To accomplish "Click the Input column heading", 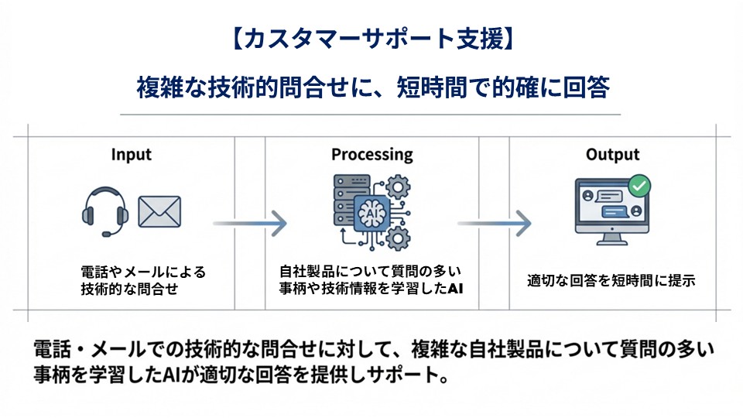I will [x=132, y=155].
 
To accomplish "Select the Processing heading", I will [x=372, y=155].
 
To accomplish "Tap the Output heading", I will [x=612, y=155].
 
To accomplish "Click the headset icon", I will [x=104, y=211].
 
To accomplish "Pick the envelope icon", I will [x=159, y=211].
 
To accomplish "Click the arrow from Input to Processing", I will [x=249, y=224].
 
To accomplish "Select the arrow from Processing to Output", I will [x=494, y=224].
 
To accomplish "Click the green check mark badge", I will [x=639, y=186].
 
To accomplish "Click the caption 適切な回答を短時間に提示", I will [x=611, y=281].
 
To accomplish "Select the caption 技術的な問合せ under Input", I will [x=129, y=290].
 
